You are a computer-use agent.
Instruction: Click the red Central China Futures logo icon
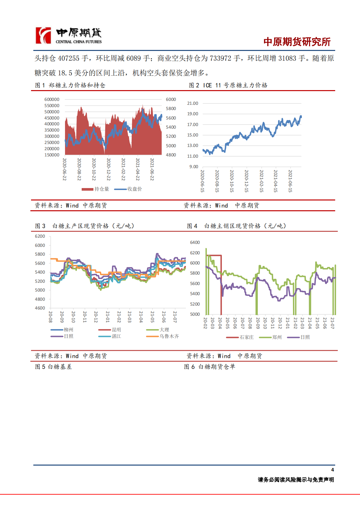[43, 36]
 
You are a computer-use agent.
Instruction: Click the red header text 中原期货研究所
[297, 42]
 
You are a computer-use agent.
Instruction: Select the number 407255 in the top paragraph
[69, 58]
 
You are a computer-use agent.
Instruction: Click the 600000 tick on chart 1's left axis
[52, 99]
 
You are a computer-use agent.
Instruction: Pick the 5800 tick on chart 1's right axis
[171, 108]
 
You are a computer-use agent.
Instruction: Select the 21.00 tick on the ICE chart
[192, 103]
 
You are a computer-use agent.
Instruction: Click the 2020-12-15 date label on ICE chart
[246, 181]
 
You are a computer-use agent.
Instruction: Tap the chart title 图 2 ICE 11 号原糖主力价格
[228, 85]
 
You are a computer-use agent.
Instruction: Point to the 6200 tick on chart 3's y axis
[40, 236]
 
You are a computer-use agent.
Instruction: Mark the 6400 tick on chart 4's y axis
[195, 242]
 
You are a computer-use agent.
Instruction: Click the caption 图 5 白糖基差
[53, 367]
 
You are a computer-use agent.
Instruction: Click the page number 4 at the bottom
[332, 470]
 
